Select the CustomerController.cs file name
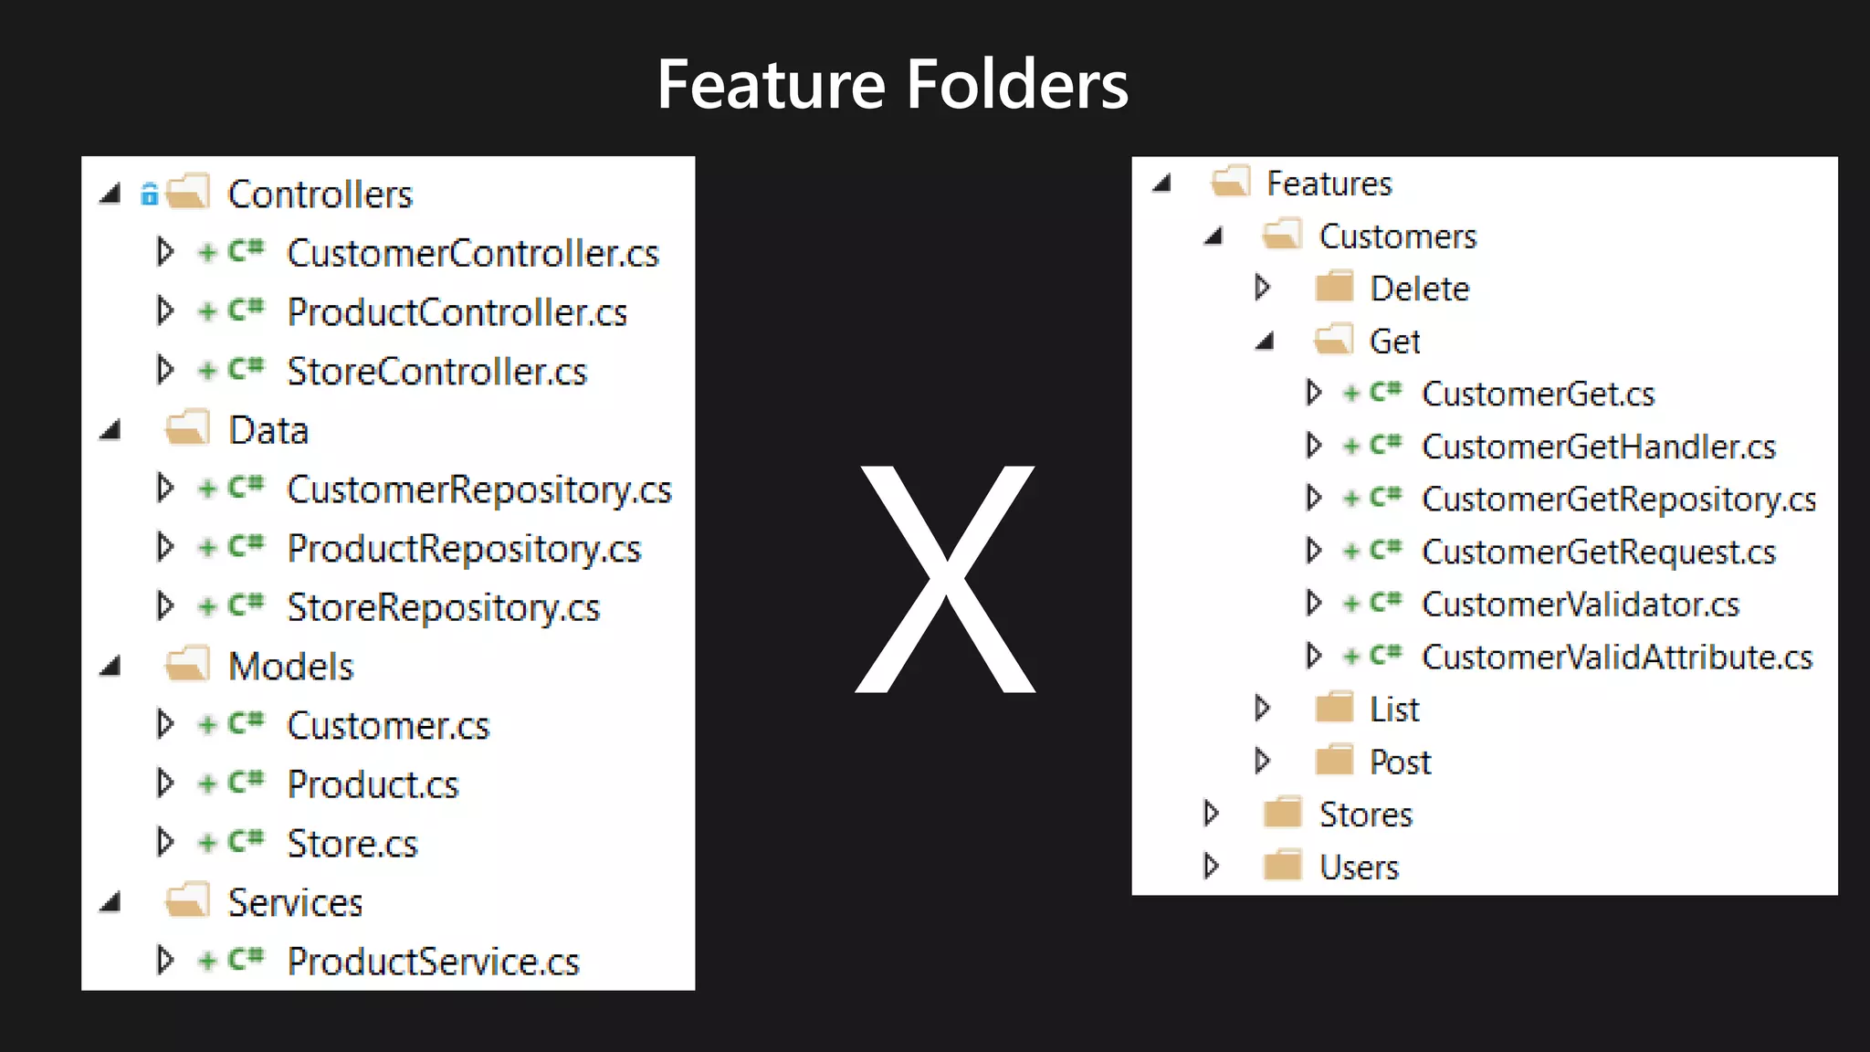click(x=472, y=253)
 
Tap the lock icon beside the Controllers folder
click(x=149, y=194)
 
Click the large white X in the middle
click(x=945, y=579)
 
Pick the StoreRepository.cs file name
click(x=443, y=608)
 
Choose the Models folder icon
click(x=188, y=665)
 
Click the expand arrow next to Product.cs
click(x=164, y=783)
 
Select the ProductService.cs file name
click(x=433, y=962)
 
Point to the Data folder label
click(x=268, y=430)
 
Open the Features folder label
click(x=1329, y=184)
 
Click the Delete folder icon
click(x=1334, y=288)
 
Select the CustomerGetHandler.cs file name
click(x=1598, y=447)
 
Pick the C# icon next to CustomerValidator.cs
click(x=1385, y=603)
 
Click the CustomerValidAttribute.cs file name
click(x=1616, y=657)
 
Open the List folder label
click(x=1394, y=710)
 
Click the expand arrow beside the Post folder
click(x=1263, y=761)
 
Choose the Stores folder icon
click(x=1283, y=813)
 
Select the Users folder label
click(x=1359, y=867)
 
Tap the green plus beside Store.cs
click(x=208, y=843)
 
